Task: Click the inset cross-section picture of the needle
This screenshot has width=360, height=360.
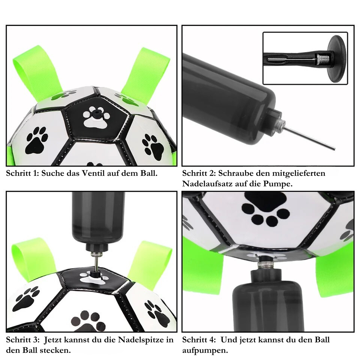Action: tap(305, 58)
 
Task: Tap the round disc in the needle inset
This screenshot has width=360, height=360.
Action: tap(336, 58)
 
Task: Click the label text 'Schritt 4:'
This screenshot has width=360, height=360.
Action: tap(199, 340)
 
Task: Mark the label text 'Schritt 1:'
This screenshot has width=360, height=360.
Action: tap(22, 173)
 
